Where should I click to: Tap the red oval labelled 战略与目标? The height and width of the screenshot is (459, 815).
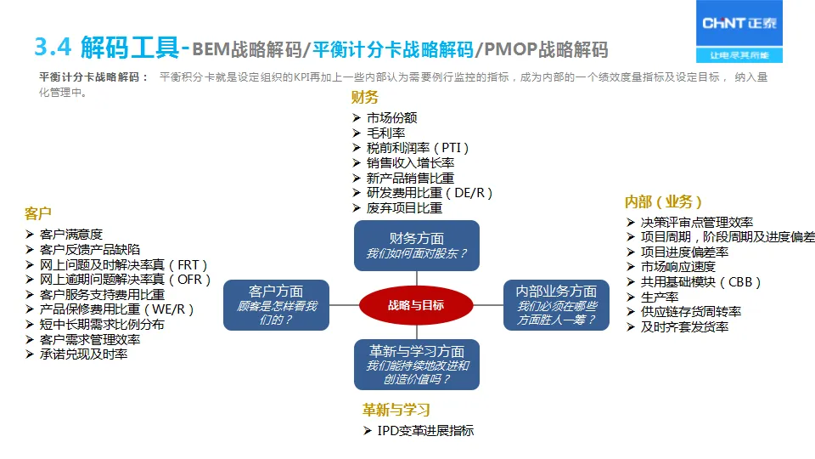tap(415, 306)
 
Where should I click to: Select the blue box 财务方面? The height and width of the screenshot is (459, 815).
tap(416, 246)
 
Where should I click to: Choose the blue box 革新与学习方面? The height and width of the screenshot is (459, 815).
tap(416, 365)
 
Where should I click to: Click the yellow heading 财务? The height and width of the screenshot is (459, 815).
tap(365, 98)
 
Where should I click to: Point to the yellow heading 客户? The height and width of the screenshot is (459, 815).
tap(38, 213)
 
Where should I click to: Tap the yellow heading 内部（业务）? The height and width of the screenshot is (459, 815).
tap(663, 201)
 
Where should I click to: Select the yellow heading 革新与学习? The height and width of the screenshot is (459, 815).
tap(396, 410)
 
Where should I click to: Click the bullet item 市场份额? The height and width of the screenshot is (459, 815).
tap(391, 118)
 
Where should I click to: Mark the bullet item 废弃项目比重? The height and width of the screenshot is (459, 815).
tap(404, 207)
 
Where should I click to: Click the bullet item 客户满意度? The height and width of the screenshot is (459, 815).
tap(71, 235)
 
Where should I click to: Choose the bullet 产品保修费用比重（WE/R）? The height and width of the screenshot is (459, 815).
tap(117, 309)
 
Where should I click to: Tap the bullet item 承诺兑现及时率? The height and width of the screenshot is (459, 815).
tap(83, 354)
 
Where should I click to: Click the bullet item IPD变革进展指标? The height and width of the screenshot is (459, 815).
tap(425, 431)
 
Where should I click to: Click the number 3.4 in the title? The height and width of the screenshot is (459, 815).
tap(56, 48)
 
